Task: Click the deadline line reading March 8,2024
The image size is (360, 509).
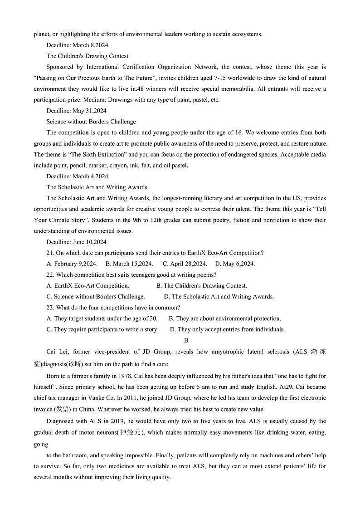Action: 77,45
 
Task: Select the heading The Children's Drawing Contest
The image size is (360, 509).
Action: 87,56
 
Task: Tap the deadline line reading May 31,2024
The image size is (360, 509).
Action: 76,111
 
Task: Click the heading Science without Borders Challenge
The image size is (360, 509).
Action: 91,122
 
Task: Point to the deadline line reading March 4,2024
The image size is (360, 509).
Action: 77,176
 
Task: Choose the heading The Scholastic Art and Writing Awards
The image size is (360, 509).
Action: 97,187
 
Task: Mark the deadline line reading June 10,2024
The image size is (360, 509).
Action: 76,242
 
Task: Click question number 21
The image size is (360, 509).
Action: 50,253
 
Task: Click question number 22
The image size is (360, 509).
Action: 50,275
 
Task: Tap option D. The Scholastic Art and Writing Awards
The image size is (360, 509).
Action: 219,297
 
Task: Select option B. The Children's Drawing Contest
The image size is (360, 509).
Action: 201,286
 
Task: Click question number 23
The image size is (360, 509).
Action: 50,308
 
